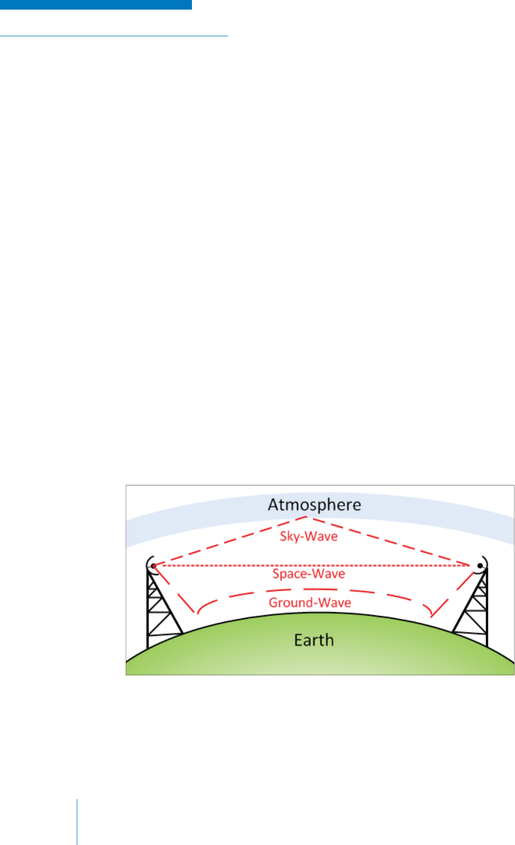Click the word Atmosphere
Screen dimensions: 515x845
[314, 505]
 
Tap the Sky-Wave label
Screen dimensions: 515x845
[309, 536]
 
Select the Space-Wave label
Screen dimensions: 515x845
[309, 574]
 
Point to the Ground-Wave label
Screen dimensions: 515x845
[310, 603]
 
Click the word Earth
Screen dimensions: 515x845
[314, 640]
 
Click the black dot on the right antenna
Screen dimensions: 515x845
[480, 565]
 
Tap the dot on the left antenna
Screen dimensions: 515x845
[153, 565]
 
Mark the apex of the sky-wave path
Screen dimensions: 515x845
[307, 517]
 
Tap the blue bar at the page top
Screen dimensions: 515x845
[96, 4]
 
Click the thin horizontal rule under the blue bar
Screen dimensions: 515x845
[114, 36]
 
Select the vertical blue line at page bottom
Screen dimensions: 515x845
[77, 822]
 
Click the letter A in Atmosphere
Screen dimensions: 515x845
[274, 505]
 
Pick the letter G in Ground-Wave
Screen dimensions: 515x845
[273, 603]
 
